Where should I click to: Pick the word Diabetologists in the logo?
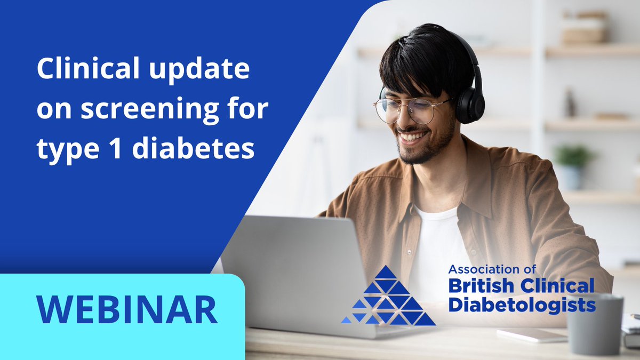(x=521, y=305)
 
